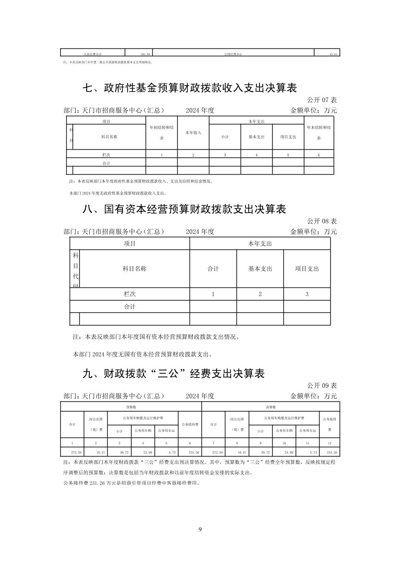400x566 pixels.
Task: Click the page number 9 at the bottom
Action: (200, 530)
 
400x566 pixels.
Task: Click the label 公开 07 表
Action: (322, 100)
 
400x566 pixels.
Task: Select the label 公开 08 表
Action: (322, 221)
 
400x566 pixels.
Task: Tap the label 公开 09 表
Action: (322, 385)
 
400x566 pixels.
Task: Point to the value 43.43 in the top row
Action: (333, 54)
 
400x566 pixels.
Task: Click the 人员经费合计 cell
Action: (93, 54)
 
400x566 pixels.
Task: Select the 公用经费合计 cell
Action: (233, 54)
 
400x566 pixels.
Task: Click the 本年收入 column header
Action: (193, 133)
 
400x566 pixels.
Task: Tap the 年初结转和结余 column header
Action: (162, 133)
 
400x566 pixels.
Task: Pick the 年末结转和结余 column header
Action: (319, 133)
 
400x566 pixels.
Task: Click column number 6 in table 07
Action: (319, 155)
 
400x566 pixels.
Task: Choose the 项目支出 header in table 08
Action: (307, 269)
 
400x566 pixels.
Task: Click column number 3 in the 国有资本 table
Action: (307, 294)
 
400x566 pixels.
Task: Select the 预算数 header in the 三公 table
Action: (131, 407)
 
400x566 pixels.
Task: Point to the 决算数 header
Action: (271, 407)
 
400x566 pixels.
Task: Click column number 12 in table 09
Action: (329, 443)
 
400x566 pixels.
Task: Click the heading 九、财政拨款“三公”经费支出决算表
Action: (174, 373)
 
